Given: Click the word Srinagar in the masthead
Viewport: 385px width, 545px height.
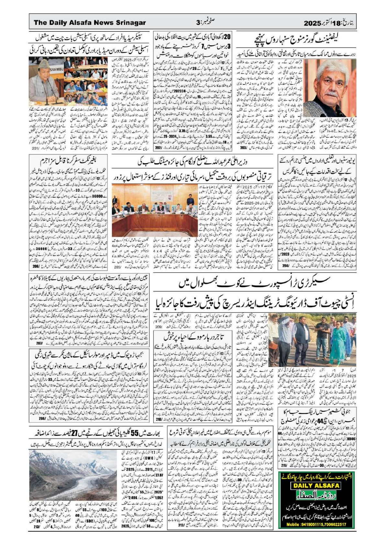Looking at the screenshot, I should pyautogui.click(x=131, y=23).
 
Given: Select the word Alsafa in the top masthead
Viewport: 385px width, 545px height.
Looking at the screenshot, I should pyautogui.click(x=79, y=23).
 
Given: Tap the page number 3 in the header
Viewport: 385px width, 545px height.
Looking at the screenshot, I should pyautogui.click(x=198, y=23).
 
